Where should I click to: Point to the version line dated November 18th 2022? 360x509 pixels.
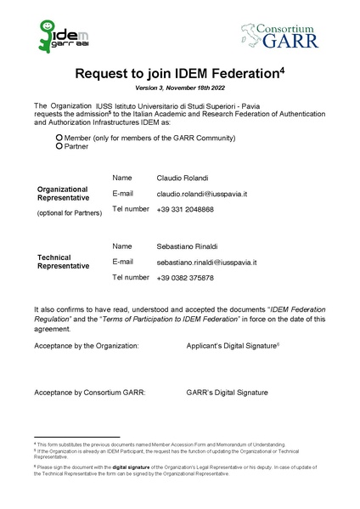(x=179, y=88)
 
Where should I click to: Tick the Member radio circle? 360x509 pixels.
(x=59, y=138)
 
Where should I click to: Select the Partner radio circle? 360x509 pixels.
(x=59, y=146)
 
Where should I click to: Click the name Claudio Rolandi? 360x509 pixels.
(x=182, y=178)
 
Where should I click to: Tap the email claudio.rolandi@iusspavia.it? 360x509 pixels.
(x=202, y=194)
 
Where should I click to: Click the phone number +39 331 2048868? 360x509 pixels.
(x=186, y=209)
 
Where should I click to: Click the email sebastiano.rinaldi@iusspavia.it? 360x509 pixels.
(x=207, y=263)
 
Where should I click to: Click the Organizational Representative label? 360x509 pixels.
(x=63, y=193)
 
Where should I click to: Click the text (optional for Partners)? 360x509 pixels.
(x=70, y=212)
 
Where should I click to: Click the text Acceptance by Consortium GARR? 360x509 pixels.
(x=90, y=393)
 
